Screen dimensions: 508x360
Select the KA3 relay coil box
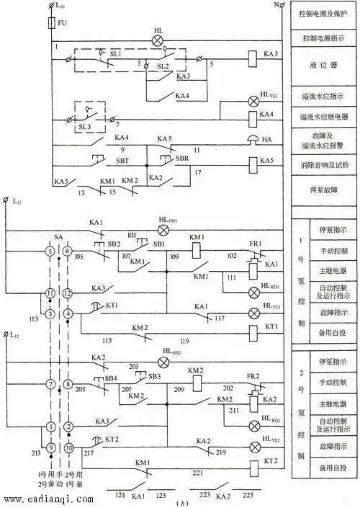pyautogui.click(x=253, y=55)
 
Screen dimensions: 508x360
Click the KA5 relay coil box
pyautogui.click(x=253, y=161)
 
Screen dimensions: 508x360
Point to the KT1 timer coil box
pyautogui.click(x=253, y=333)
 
